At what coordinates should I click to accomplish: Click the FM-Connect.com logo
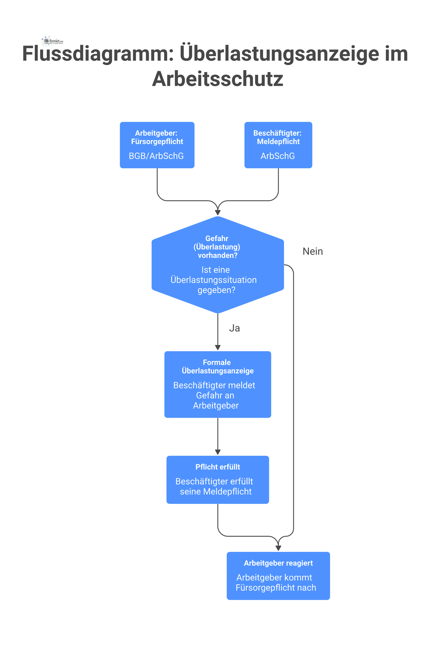tap(52, 41)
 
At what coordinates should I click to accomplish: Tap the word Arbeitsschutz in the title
tap(217, 79)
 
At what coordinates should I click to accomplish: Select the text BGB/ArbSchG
tap(156, 156)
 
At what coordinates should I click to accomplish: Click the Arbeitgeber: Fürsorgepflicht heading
tap(157, 137)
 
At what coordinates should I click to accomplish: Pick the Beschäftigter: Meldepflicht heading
tap(278, 137)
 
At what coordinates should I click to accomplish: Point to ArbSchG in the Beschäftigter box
tap(277, 156)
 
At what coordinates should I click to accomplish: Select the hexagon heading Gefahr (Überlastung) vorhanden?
tap(217, 247)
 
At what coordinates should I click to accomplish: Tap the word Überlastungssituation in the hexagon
tap(214, 280)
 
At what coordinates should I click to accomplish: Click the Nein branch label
tap(313, 251)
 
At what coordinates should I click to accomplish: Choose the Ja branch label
tap(234, 328)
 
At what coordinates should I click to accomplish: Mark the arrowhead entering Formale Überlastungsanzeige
tap(218, 347)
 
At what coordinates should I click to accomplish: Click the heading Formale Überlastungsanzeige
tap(217, 367)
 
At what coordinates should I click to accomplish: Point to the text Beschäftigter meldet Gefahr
tap(214, 390)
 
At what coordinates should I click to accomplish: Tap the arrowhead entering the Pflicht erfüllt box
tap(218, 452)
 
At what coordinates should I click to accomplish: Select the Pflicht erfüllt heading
tap(218, 467)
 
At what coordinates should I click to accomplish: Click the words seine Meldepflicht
tap(216, 492)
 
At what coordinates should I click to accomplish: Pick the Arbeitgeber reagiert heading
tap(278, 563)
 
